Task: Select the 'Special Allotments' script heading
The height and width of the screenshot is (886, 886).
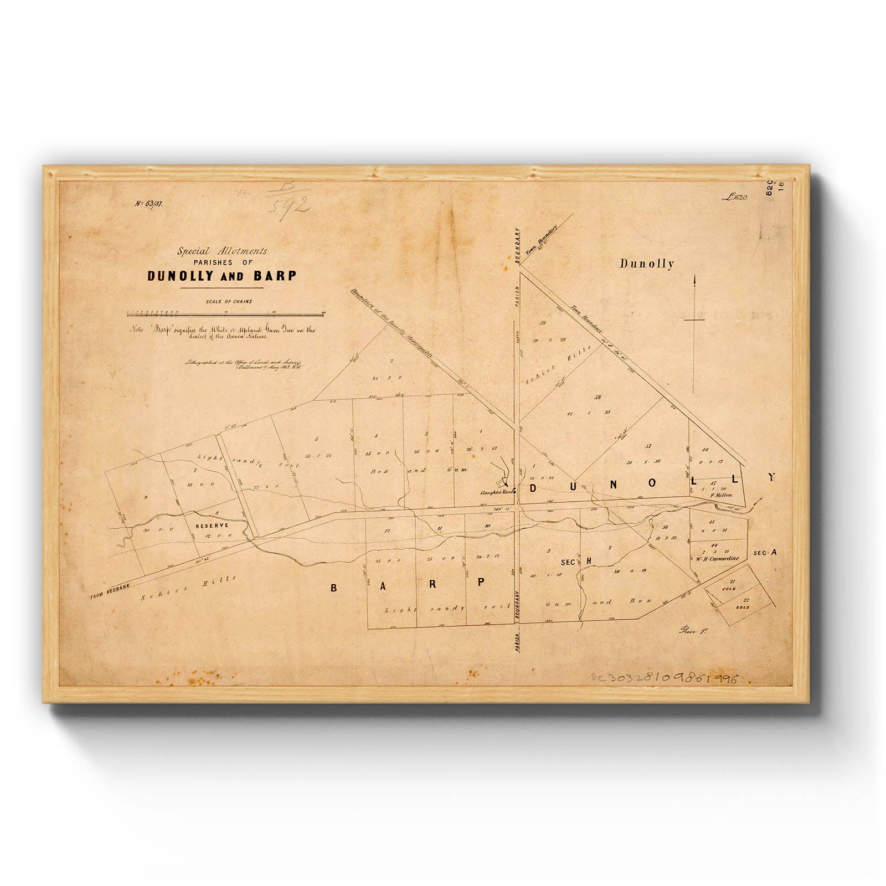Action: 222,251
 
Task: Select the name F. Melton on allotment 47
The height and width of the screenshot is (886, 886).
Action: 722,495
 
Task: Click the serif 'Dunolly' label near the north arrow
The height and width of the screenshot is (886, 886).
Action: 646,264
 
